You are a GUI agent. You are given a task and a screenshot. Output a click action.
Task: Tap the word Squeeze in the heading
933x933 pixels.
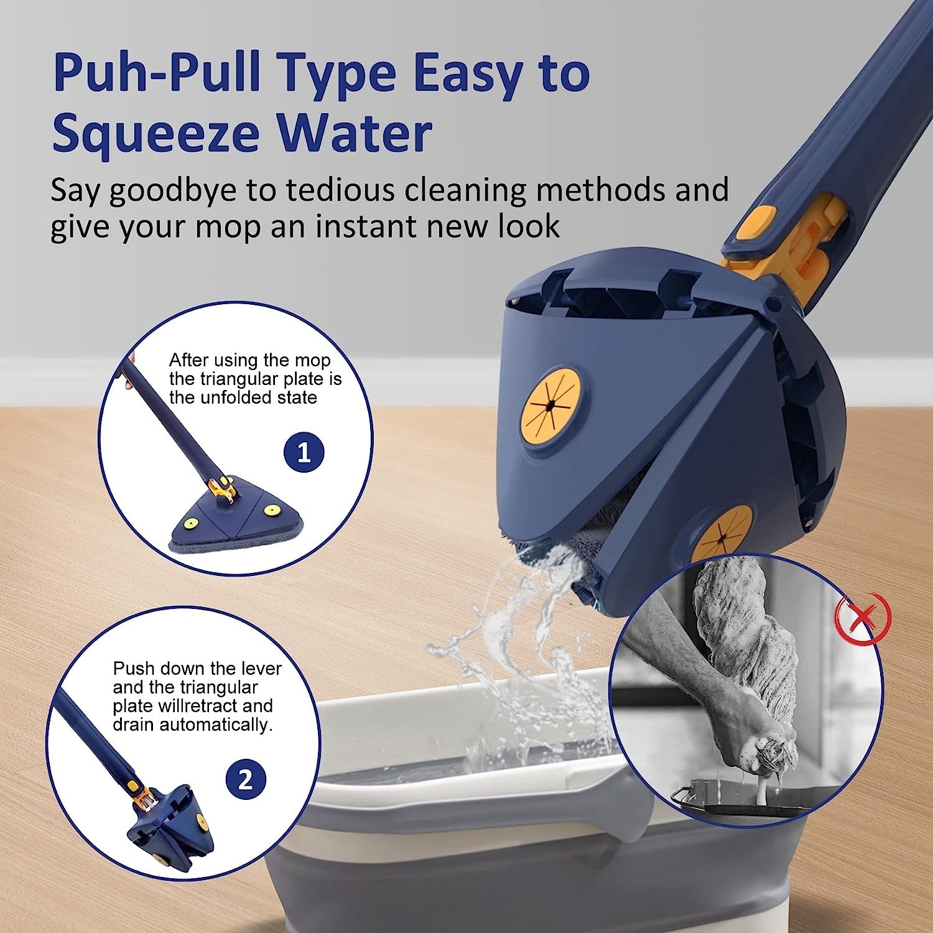click(x=155, y=134)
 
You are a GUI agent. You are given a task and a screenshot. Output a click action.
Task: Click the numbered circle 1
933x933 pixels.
click(x=304, y=452)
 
